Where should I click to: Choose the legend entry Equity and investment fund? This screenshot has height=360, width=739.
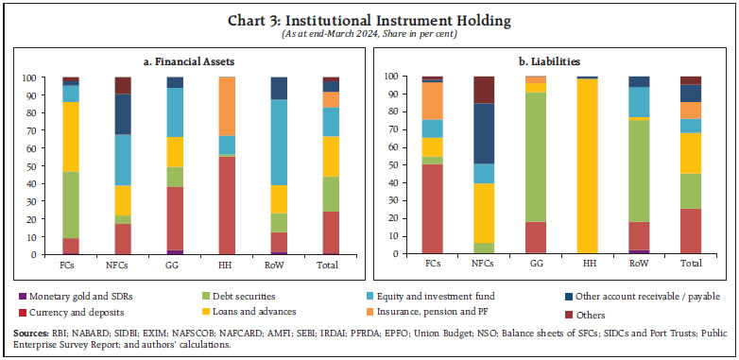coord(450,297)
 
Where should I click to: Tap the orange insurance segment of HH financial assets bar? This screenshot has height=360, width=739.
coord(227,106)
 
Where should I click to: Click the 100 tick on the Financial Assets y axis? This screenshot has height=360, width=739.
coord(29,77)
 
